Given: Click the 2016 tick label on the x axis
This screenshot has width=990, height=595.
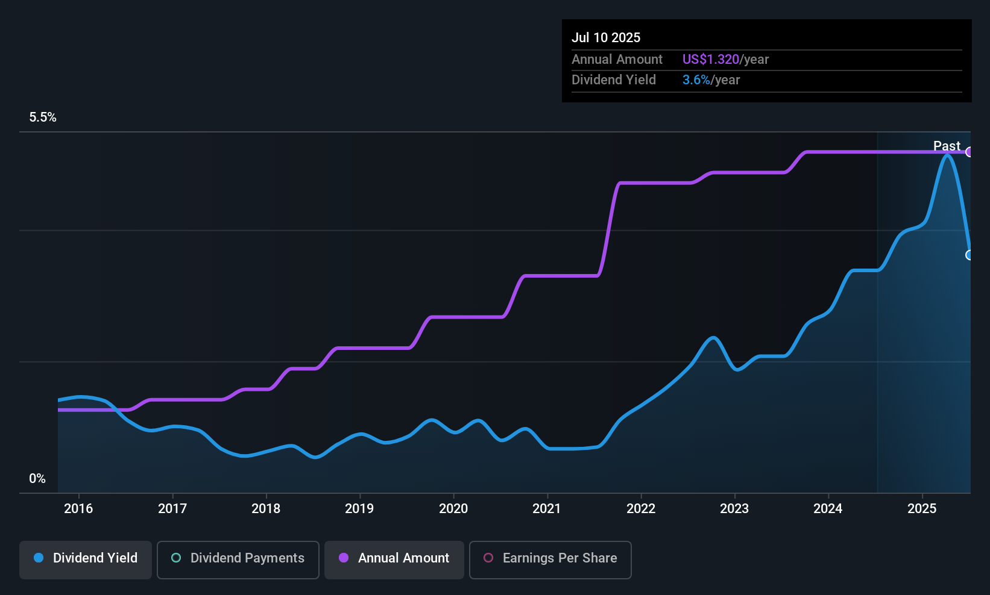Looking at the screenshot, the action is [78, 508].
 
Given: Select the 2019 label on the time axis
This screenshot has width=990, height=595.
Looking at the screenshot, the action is [359, 508].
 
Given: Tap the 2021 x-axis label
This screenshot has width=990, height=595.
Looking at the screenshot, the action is [547, 508].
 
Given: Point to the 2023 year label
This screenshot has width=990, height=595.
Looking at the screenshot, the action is [734, 508].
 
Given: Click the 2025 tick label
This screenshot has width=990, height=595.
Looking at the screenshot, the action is [922, 508].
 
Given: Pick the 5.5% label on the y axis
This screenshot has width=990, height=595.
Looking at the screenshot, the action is [43, 117].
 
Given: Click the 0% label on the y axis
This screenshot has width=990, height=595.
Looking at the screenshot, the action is [37, 479].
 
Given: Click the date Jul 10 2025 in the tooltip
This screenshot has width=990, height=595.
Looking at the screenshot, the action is [606, 37].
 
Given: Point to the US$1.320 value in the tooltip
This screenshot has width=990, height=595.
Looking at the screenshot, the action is [711, 59].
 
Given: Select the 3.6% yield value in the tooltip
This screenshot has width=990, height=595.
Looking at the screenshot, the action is [696, 80].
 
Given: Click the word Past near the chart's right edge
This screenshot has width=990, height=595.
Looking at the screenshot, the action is [947, 146].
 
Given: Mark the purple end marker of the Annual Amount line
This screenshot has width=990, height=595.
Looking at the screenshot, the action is [968, 152].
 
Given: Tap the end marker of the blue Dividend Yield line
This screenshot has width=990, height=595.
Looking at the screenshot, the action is [968, 255].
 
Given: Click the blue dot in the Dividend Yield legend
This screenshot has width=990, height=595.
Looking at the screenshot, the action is [39, 558].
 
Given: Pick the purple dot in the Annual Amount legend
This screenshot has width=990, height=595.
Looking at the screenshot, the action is [344, 558].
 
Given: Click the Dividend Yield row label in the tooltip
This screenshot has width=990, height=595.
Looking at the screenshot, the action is [613, 80].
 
